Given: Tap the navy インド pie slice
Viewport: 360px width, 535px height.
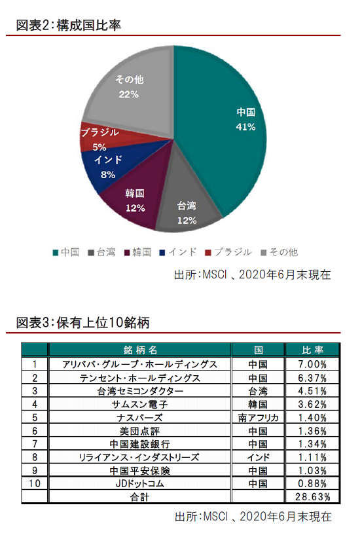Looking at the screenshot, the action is pos(109,167).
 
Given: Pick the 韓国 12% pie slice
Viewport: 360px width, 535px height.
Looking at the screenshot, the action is pos(136,201).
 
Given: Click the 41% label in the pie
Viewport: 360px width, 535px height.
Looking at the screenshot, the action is pos(245,127).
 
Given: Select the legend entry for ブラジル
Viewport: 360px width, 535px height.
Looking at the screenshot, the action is pos(228,252).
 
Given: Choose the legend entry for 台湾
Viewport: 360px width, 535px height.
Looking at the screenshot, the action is pos(101,252).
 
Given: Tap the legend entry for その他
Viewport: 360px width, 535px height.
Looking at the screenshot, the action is pos(279,252).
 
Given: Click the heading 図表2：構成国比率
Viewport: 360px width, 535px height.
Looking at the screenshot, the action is pos(69,26).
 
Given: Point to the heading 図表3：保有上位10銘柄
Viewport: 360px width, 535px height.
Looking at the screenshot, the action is pos(83,322).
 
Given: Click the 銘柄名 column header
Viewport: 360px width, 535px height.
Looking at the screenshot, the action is pos(140,350).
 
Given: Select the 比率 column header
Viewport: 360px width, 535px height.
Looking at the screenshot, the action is pos(312,350).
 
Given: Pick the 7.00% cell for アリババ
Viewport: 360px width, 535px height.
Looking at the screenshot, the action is pos(312,364).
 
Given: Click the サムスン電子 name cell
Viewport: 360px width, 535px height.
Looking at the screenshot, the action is pos(140,404).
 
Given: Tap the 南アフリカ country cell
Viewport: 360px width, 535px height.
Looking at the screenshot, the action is pos(258,418).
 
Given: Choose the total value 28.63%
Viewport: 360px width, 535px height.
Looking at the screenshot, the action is pos(312,497).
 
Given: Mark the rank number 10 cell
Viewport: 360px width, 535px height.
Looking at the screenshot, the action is pos(35,483).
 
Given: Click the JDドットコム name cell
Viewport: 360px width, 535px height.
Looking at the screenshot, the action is pos(140,483).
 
